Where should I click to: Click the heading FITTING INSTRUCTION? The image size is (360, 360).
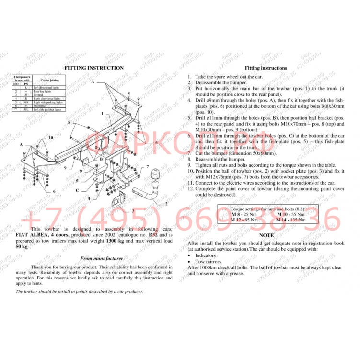coord(94,68)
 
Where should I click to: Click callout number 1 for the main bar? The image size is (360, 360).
coord(102,113)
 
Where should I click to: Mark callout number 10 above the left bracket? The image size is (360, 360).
coord(50,138)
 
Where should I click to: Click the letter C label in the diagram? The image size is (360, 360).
coord(77,190)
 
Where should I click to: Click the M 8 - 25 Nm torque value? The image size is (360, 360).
coord(244,214)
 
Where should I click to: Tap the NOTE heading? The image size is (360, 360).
coord(266,235)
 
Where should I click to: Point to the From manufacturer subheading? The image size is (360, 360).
coord(102,258)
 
